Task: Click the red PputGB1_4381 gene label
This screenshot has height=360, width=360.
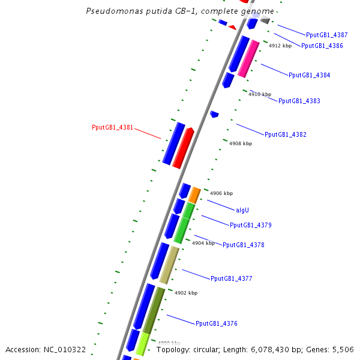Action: (112, 127)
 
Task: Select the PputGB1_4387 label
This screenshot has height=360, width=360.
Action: (326, 35)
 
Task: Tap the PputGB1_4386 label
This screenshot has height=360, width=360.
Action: (322, 46)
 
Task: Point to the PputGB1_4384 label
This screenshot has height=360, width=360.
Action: (309, 75)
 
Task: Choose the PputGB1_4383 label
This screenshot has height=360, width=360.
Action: (299, 101)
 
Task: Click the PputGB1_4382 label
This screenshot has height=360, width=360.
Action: (285, 134)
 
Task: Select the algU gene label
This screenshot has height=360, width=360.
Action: (242, 209)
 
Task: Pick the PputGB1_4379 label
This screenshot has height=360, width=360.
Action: (250, 225)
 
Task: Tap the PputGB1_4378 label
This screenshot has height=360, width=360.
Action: (243, 245)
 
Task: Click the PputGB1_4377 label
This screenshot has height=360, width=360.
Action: (231, 278)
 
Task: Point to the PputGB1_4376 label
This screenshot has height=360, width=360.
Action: (216, 323)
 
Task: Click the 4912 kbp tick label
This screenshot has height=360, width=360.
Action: (280, 46)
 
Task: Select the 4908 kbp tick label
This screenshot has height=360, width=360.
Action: (241, 143)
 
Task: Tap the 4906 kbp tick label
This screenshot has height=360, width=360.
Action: (221, 193)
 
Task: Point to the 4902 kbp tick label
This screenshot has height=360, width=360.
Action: (185, 293)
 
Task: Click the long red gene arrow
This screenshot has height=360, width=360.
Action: (183, 148)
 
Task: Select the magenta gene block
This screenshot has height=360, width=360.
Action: (248, 59)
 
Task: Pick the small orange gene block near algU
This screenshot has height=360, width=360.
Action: (194, 195)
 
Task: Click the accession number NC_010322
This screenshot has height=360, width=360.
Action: (46, 349)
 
